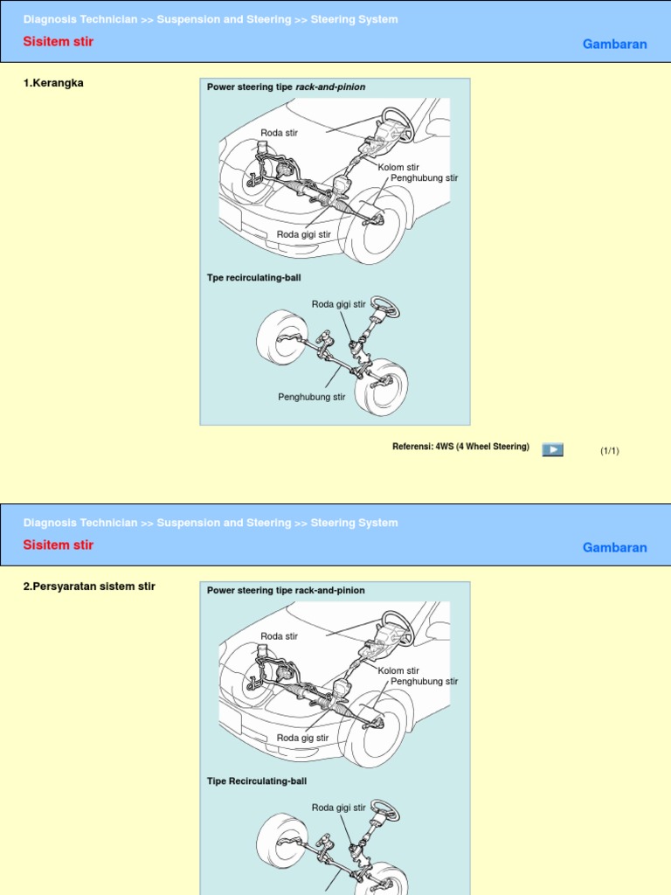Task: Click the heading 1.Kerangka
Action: pos(53,83)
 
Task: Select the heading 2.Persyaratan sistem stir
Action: pos(89,586)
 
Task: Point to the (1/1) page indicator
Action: pos(609,451)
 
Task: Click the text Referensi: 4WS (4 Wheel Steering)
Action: pos(460,447)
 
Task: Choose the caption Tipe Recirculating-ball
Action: pos(257,781)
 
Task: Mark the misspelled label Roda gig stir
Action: pos(302,738)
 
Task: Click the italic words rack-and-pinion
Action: pos(330,87)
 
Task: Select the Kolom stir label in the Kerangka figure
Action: pos(398,167)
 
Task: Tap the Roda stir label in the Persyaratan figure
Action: pos(279,636)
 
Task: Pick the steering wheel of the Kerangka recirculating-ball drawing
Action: pos(385,307)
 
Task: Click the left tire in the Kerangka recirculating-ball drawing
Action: pos(281,337)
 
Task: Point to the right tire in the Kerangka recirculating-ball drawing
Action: pos(382,388)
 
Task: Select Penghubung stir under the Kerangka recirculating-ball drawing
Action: pos(311,397)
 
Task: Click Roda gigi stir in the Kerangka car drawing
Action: pos(304,234)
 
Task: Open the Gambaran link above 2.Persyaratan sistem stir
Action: pos(614,547)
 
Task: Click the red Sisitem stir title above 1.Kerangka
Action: pos(58,42)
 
